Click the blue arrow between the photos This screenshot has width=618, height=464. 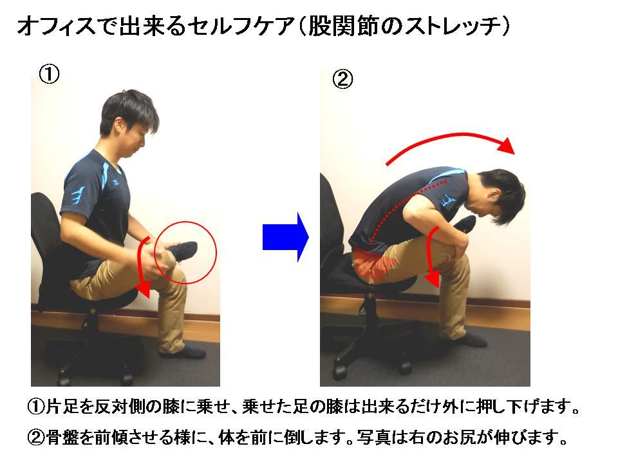coord(285,237)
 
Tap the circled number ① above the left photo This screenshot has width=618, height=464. coord(50,73)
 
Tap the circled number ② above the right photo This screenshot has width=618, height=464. coord(342,79)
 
